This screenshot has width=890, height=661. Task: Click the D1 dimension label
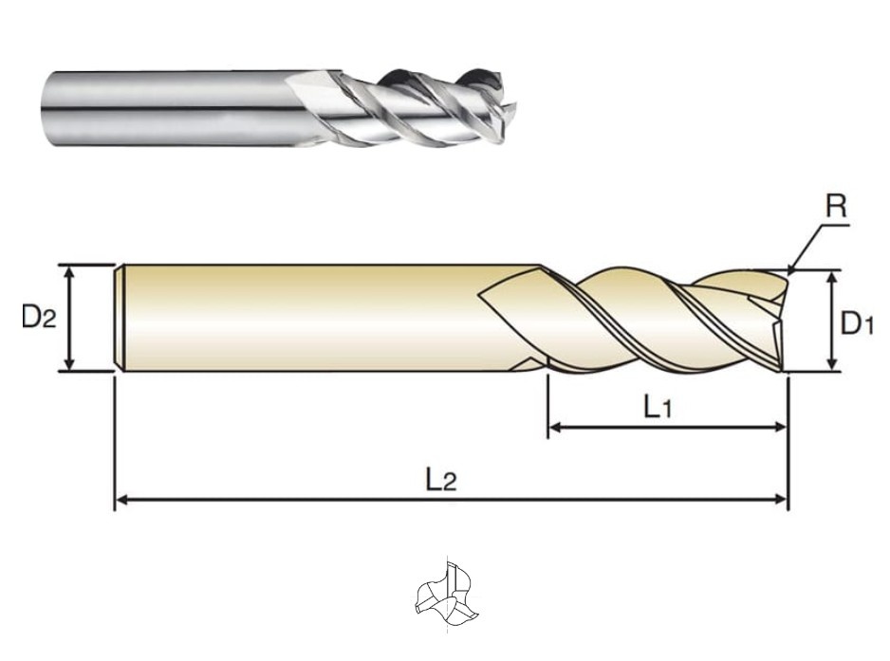point(857,323)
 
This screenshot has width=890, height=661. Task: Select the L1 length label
point(658,407)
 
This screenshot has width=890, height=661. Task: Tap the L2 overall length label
point(441,481)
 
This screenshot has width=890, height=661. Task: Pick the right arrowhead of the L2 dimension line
point(780,499)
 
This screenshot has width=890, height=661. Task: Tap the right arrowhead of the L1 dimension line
point(780,428)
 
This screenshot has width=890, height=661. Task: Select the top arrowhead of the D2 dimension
point(69,273)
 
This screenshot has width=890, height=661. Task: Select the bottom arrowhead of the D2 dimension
point(69,363)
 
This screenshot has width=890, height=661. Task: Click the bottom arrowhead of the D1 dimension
point(832,363)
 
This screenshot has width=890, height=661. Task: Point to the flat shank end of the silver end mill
point(46,109)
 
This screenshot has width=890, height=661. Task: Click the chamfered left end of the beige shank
point(120,318)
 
